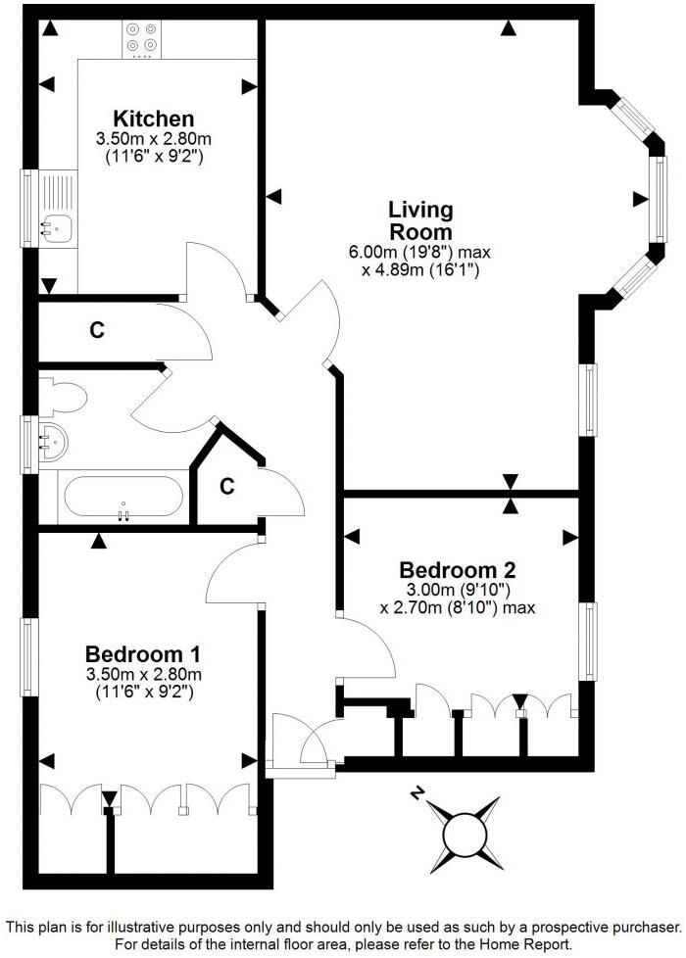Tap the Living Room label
[x=420, y=220]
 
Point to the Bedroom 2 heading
[x=458, y=569]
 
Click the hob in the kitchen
[x=142, y=36]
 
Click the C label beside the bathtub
[x=226, y=486]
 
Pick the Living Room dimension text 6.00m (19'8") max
[x=419, y=252]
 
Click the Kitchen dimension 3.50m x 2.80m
[x=152, y=138]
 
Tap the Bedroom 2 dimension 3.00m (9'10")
[x=458, y=590]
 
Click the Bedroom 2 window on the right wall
[x=589, y=642]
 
